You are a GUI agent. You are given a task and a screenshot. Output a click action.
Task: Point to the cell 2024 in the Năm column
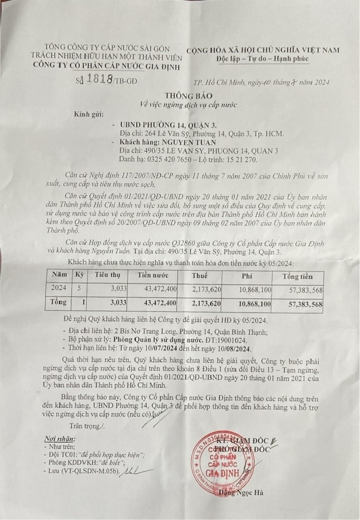pos(58,288)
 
